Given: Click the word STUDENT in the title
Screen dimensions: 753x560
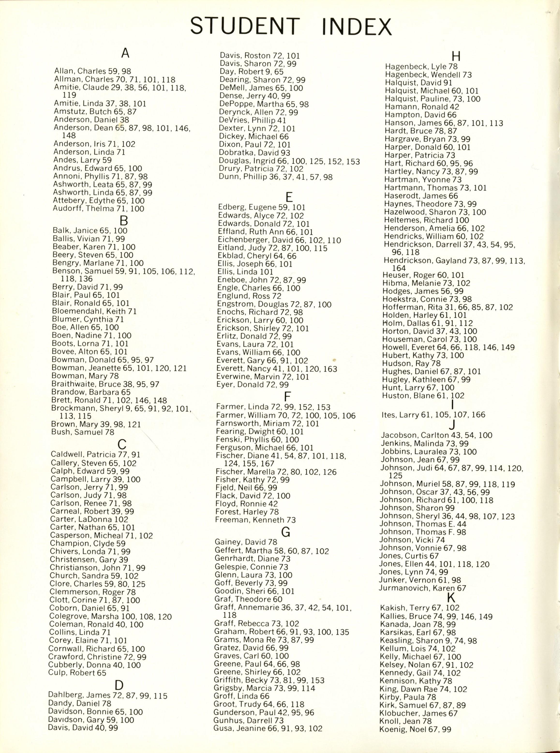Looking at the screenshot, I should click(245, 26).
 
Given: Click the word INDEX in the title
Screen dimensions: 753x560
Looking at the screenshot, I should click(357, 26).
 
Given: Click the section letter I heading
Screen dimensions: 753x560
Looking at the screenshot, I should click(453, 405).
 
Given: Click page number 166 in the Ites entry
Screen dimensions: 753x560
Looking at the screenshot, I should click(478, 414).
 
